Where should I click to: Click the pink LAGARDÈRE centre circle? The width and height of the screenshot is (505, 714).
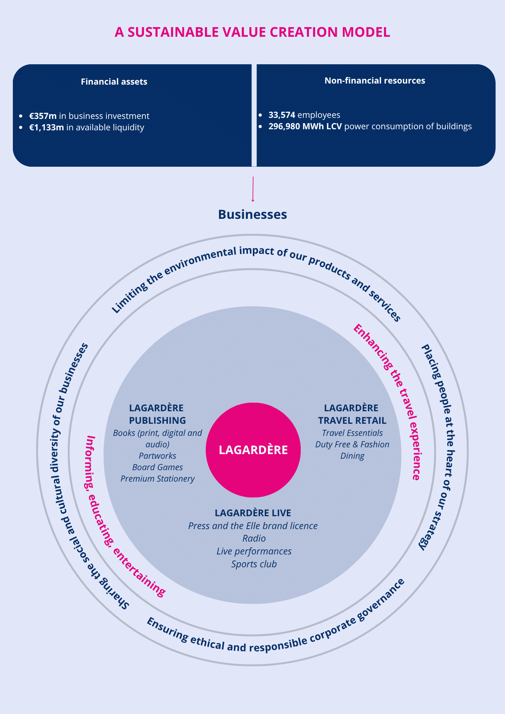[253, 450]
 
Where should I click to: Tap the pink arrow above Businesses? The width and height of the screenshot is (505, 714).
[253, 189]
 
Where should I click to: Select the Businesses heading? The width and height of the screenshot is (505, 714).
[252, 214]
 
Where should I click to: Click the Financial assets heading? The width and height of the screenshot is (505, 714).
[114, 82]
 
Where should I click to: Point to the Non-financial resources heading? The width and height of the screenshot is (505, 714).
[375, 81]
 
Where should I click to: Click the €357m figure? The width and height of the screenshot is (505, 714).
[43, 116]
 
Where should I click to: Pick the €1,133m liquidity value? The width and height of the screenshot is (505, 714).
[46, 127]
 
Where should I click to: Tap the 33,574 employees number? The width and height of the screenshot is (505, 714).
[282, 115]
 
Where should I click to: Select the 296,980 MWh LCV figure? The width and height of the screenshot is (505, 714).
[305, 126]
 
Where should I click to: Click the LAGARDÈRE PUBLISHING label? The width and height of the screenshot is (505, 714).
[157, 414]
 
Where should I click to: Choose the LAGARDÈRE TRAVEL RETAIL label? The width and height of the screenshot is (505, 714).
[352, 414]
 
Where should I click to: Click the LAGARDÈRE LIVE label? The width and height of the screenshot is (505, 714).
[253, 513]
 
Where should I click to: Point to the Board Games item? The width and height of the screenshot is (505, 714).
[157, 467]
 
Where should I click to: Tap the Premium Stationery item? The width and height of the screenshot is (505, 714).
[157, 479]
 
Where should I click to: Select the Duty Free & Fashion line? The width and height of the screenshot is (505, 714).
[352, 444]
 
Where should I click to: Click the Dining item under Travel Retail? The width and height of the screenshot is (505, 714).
[352, 456]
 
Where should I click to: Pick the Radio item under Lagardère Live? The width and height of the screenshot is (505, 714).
[254, 538]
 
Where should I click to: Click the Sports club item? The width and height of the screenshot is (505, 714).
[254, 564]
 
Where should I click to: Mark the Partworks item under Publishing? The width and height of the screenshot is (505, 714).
[157, 456]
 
